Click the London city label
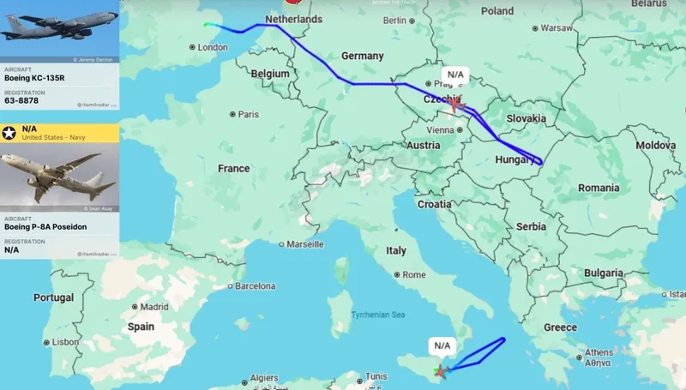(212, 47)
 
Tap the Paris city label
(248, 114)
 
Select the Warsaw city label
(556, 27)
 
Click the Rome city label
(413, 275)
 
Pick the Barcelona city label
(255, 285)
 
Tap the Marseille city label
(305, 244)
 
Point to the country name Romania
(598, 187)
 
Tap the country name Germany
(362, 56)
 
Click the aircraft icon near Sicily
(441, 371)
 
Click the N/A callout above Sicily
(442, 345)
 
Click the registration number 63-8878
(21, 101)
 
